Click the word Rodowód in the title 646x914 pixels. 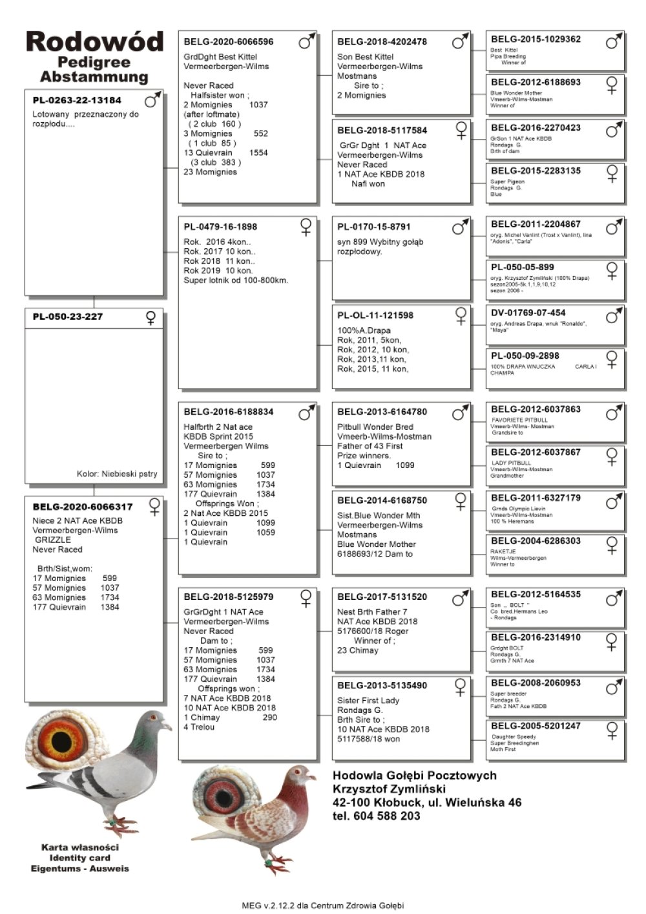(x=94, y=42)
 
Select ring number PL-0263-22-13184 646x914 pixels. (x=77, y=100)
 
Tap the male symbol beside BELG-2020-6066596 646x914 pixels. (x=307, y=42)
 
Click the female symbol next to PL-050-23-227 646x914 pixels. (x=151, y=317)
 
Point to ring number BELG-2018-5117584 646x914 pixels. (x=382, y=130)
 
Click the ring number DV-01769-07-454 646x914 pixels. (x=528, y=312)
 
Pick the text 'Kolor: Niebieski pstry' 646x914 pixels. (x=117, y=474)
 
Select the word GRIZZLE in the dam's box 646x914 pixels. (x=53, y=540)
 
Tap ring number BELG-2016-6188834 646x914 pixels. (x=228, y=412)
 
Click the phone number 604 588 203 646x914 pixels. (x=387, y=816)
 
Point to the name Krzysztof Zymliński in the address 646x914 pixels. (x=389, y=789)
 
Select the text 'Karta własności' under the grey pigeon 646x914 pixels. (x=80, y=847)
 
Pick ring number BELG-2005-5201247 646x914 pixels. (x=536, y=726)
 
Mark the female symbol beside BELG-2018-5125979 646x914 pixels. (x=306, y=597)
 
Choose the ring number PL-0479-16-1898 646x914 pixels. (x=220, y=227)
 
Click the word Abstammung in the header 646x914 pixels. (x=94, y=77)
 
